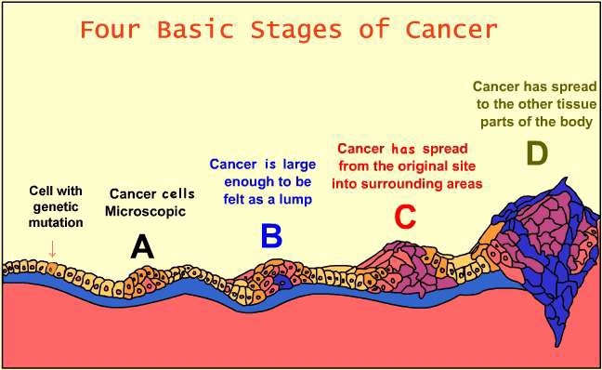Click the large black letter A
coord(142,245)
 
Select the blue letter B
coord(270,236)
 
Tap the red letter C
coord(404,217)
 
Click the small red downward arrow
coord(52,248)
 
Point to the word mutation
coord(56,223)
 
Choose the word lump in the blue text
coord(294,200)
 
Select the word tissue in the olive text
coord(572,105)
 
